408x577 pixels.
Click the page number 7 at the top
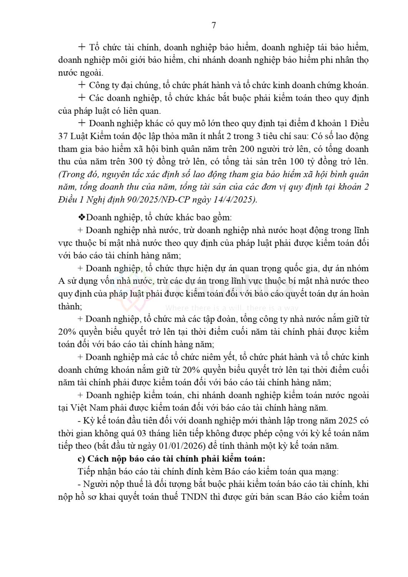click(x=214, y=25)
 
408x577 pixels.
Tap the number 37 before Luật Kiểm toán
click(x=63, y=136)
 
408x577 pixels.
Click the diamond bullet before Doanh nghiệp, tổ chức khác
click(x=81, y=217)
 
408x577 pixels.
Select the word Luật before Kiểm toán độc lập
click(x=82, y=136)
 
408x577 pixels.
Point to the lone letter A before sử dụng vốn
click(x=61, y=281)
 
